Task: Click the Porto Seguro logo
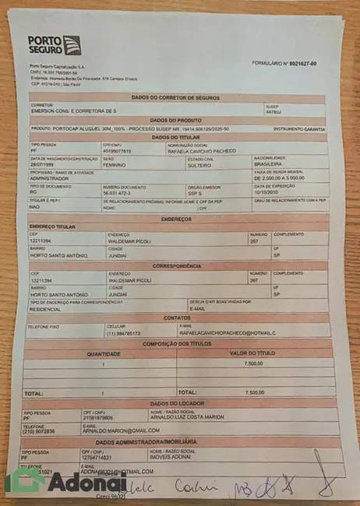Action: click(x=54, y=44)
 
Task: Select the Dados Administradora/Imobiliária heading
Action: click(x=182, y=441)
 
